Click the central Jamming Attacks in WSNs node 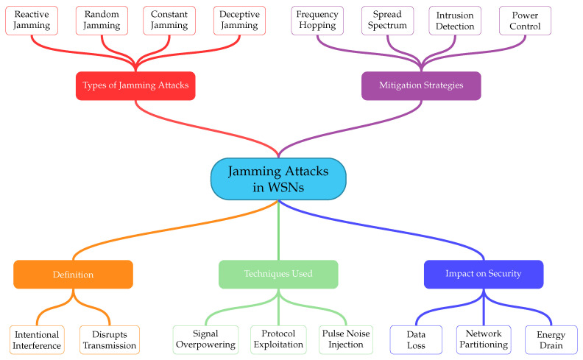click(x=278, y=179)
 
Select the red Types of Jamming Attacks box click(x=135, y=86)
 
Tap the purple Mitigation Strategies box click(x=421, y=86)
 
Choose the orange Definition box click(x=74, y=275)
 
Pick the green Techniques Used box click(x=278, y=275)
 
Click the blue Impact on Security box click(x=484, y=275)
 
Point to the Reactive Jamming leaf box click(x=32, y=21)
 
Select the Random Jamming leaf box click(x=102, y=21)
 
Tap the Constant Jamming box click(x=169, y=21)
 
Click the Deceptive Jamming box click(x=239, y=21)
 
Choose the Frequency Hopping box click(x=317, y=21)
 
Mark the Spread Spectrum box click(x=387, y=21)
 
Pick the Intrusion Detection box click(x=455, y=21)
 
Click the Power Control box click(x=525, y=21)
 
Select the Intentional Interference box click(x=37, y=340)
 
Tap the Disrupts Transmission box click(x=110, y=340)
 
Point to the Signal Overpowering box click(x=205, y=340)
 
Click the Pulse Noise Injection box click(x=346, y=340)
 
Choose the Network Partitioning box click(x=484, y=340)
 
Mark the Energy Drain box click(x=551, y=340)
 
